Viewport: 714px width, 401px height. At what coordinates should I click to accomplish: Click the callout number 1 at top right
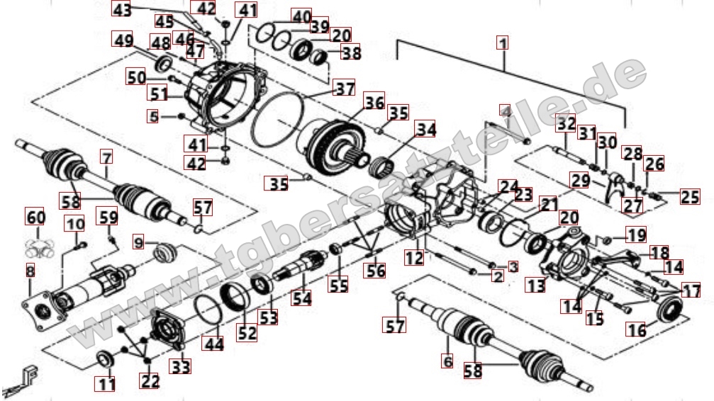503,42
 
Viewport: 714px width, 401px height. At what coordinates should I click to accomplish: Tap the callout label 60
35,215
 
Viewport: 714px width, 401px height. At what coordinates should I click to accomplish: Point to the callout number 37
345,89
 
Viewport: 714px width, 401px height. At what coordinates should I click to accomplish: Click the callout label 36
374,103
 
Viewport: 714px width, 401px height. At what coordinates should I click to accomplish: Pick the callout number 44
213,344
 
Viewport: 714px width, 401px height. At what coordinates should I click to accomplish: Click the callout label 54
302,299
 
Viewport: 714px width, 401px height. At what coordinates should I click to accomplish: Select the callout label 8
29,270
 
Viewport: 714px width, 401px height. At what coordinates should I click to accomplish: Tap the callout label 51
158,93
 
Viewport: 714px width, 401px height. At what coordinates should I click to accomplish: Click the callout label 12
415,259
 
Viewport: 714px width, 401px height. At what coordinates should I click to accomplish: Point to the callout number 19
637,234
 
